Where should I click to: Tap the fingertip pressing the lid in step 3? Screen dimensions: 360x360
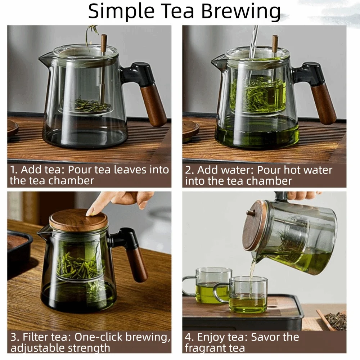click(x=90, y=211)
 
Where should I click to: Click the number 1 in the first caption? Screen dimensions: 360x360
click(x=13, y=170)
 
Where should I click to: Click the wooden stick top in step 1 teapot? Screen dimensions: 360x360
click(x=104, y=41)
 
